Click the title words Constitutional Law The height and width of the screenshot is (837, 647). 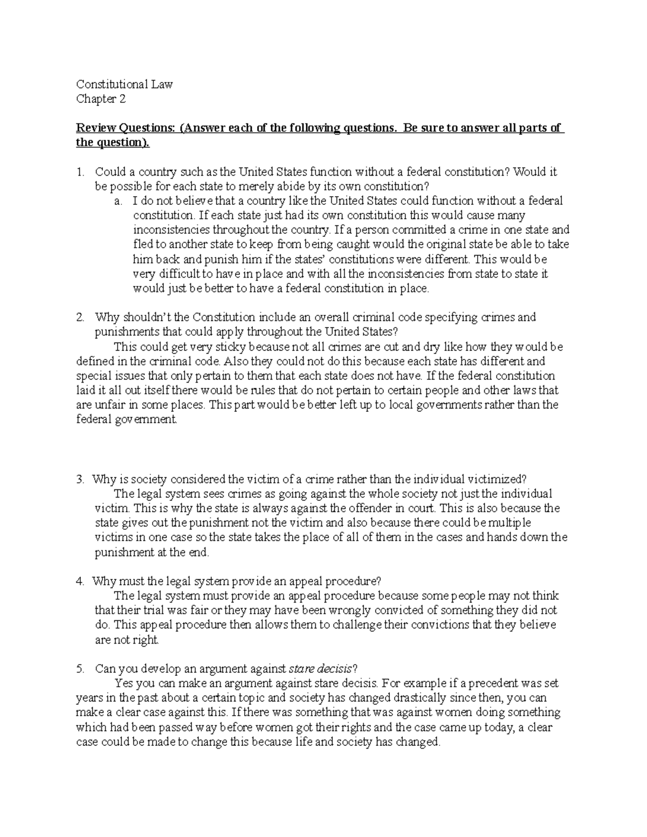tap(124, 84)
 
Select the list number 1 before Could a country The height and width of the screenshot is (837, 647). tap(80, 172)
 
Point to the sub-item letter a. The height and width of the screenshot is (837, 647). tap(118, 201)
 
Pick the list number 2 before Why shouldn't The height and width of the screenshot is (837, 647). tap(80, 317)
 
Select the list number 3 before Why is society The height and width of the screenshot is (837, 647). tap(80, 479)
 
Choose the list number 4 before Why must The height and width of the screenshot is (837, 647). tap(80, 581)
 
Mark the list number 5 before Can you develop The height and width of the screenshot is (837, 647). tap(80, 669)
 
